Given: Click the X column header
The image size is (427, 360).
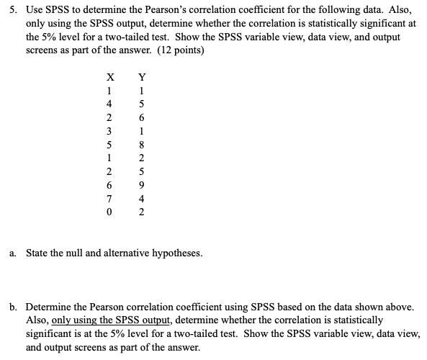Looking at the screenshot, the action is [x=109, y=78].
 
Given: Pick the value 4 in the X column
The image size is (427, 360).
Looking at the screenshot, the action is [x=109, y=104].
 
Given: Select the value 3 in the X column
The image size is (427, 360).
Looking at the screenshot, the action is [x=109, y=131].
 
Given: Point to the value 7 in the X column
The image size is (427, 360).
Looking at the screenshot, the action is [x=109, y=198].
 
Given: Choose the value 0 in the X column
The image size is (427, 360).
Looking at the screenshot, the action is [x=109, y=212].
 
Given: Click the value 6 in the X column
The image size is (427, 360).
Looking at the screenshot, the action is [x=109, y=184].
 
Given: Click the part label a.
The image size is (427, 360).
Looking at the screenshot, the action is [x=14, y=253].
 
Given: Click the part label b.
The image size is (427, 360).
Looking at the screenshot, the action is [x=14, y=307].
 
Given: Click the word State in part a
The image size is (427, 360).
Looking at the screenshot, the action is [x=37, y=253].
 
